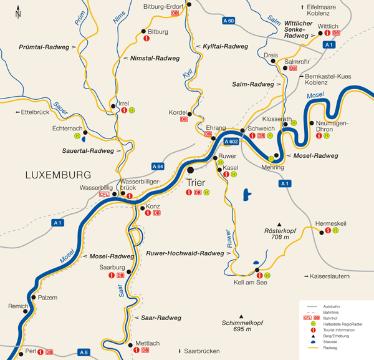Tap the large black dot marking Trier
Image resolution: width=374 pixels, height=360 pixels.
pos(191,169)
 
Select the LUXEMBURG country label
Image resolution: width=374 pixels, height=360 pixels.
pos(58,175)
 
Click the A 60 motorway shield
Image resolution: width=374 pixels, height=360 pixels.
pos(229,21)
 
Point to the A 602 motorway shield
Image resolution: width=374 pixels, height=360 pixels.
pos(230,142)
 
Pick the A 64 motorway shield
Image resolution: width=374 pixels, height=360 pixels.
pos(158,166)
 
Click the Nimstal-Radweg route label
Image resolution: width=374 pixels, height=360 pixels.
pos(155,57)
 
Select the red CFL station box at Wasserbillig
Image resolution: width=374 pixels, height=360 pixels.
pos(103,195)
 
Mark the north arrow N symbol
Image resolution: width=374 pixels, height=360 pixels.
pos(19,11)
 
